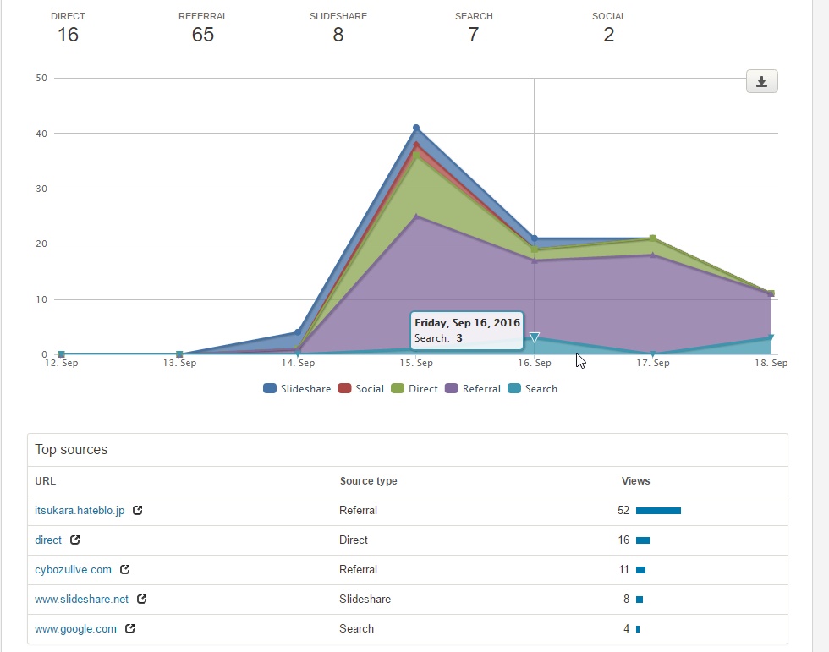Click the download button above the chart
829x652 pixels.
click(761, 81)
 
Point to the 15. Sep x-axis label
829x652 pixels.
click(416, 364)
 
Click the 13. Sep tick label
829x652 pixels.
click(179, 364)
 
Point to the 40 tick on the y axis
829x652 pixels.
click(40, 134)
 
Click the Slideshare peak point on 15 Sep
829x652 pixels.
click(416, 128)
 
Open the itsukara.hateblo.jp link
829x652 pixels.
click(80, 511)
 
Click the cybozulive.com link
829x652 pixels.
click(73, 570)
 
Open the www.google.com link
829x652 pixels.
click(75, 629)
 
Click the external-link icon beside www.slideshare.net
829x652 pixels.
click(142, 600)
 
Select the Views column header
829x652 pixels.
click(635, 481)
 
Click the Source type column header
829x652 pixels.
click(368, 481)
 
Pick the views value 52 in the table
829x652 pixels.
click(623, 511)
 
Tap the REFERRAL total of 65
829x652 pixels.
click(203, 35)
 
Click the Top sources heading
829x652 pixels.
click(71, 450)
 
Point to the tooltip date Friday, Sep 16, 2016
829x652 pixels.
click(467, 323)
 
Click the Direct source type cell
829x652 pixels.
click(354, 540)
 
